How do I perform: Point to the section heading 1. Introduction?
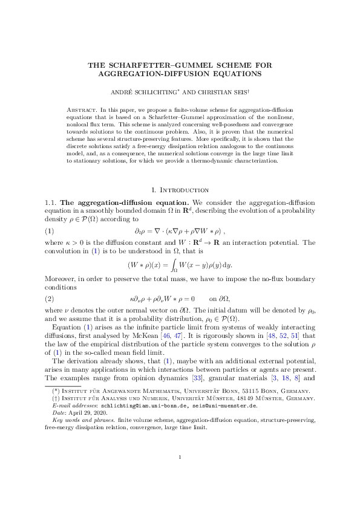click(x=180, y=173)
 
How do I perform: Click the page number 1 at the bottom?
click(x=180, y=474)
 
